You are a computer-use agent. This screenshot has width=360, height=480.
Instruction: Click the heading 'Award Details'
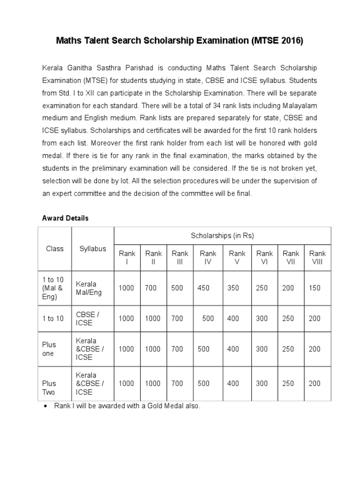pyautogui.click(x=65, y=218)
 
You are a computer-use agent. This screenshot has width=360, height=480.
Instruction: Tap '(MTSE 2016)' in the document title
pyautogui.click(x=277, y=41)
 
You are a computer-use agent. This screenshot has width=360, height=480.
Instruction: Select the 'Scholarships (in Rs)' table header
pyautogui.click(x=222, y=236)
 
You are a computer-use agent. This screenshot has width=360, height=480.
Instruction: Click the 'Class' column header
pyautogui.click(x=54, y=249)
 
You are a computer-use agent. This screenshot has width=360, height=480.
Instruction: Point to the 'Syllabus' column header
pyautogui.click(x=92, y=249)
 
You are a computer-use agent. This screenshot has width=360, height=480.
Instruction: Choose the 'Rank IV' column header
pyautogui.click(x=208, y=258)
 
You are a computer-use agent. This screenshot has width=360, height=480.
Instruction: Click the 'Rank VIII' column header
pyautogui.click(x=317, y=258)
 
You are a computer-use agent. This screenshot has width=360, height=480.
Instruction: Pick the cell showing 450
pyautogui.click(x=203, y=288)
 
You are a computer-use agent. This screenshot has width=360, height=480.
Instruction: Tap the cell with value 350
pyautogui.click(x=233, y=288)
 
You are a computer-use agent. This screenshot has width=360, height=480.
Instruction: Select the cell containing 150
pyautogui.click(x=315, y=288)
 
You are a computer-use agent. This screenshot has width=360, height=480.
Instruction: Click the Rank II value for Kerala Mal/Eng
pyautogui.click(x=151, y=288)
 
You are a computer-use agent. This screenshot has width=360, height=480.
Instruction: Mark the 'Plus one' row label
pyautogui.click(x=49, y=349)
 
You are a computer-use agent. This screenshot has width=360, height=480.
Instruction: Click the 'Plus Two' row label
pyautogui.click(x=49, y=388)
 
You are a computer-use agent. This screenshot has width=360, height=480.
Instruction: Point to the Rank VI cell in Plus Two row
pyautogui.click(x=262, y=383)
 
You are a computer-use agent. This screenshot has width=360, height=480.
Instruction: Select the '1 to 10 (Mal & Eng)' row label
pyautogui.click(x=52, y=288)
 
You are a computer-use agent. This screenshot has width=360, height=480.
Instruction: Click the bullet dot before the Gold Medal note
pyautogui.click(x=45, y=406)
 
